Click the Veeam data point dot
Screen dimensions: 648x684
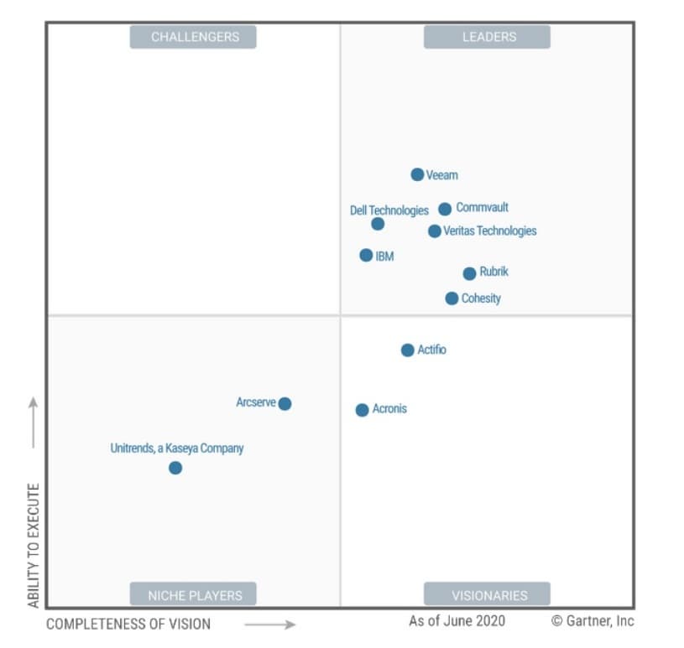point(417,174)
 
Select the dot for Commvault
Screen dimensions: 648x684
point(445,209)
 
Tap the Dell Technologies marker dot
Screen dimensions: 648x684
point(378,224)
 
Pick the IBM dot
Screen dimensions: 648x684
point(366,255)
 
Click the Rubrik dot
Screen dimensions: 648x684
point(469,273)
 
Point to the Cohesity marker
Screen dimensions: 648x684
point(452,298)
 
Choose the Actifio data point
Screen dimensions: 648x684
point(407,350)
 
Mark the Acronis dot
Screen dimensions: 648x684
point(362,410)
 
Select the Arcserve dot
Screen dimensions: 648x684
point(285,403)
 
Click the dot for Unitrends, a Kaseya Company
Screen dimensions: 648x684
point(175,468)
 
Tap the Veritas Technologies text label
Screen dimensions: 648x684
point(489,231)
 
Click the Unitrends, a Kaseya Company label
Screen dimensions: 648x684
point(177,448)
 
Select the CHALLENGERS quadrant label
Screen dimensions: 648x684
point(195,37)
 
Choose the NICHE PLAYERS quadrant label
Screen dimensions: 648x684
point(195,595)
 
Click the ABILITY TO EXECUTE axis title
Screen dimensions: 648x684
point(34,545)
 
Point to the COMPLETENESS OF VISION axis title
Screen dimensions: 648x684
point(128,624)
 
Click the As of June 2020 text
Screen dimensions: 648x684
point(457,621)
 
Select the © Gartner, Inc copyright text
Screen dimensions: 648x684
point(593,621)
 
